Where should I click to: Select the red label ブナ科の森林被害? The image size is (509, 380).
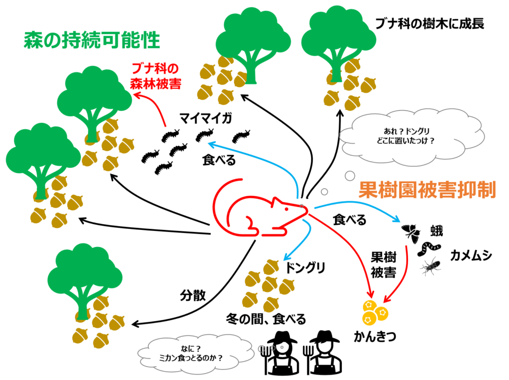pyautogui.click(x=156, y=76)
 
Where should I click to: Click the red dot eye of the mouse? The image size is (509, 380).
pyautogui.click(x=287, y=209)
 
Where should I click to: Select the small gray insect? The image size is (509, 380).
pyautogui.click(x=430, y=267)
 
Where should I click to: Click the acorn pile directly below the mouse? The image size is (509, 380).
pyautogui.click(x=268, y=286)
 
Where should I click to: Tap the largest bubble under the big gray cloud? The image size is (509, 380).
pyautogui.click(x=350, y=175)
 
